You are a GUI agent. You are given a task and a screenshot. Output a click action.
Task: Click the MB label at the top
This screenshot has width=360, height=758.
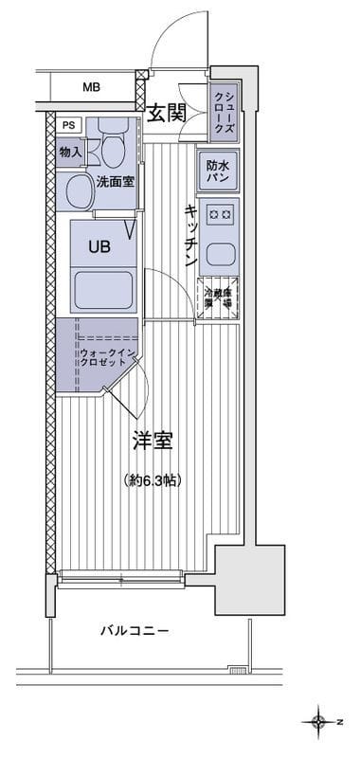[90, 88]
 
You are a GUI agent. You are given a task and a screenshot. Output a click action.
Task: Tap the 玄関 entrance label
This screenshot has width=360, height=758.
[167, 114]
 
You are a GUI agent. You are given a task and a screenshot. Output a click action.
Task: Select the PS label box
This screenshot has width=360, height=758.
[69, 125]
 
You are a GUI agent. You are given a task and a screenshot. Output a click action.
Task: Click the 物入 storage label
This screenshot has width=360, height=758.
[70, 151]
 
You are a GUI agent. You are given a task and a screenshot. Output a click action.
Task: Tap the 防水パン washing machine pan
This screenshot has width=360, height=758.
[217, 171]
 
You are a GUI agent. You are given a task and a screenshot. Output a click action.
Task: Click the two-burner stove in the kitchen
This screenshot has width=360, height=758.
[220, 214]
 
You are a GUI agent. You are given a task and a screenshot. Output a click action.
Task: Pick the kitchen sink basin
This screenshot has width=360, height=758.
[220, 253]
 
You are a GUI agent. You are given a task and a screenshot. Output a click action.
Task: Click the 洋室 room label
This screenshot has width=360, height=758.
[152, 442]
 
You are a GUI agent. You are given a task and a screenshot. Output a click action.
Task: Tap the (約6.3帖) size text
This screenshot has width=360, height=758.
[152, 480]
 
